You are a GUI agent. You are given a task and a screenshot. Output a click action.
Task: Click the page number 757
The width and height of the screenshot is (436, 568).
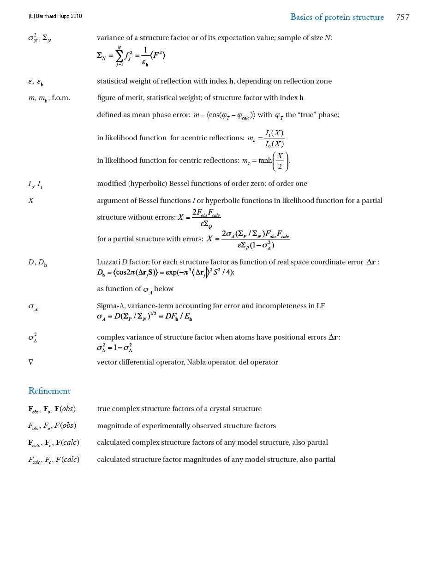(x=402, y=17)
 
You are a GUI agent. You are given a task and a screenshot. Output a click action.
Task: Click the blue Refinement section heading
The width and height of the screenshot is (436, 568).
(x=49, y=391)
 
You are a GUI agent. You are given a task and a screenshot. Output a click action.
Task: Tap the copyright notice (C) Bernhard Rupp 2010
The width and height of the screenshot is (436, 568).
(x=55, y=16)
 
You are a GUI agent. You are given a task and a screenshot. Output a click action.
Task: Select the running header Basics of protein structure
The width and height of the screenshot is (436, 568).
(x=337, y=17)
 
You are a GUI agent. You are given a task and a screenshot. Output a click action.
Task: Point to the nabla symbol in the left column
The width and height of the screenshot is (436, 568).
(x=31, y=362)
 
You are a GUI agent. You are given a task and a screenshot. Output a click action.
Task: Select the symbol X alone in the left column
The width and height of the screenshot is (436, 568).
(x=31, y=201)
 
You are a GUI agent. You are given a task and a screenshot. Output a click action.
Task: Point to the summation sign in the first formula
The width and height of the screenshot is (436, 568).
(x=119, y=56)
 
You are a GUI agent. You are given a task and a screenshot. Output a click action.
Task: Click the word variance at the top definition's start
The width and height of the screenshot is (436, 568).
(x=110, y=38)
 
